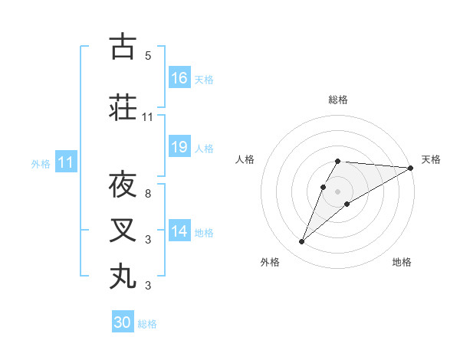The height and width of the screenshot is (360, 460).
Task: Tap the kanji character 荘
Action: pos(123,108)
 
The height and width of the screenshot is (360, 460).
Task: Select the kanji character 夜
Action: pos(123,185)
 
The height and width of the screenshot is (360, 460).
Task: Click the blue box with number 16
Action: pos(179,78)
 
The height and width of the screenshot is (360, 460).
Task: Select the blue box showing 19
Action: pos(179,147)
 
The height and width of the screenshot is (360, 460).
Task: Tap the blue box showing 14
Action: pos(179,231)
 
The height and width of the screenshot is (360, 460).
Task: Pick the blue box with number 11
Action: pos(66,162)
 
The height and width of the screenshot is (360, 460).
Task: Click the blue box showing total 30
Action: pos(123,322)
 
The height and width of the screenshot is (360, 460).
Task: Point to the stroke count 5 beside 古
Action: pos(148,56)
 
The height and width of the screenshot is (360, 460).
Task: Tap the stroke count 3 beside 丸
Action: pos(148,286)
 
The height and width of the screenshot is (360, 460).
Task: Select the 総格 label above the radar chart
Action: pos(338,100)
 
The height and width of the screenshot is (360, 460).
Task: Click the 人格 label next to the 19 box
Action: pos(204,148)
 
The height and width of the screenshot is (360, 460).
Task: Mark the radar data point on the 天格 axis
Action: pos(411,169)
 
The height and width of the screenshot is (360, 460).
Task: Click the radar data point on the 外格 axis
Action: pos(302,242)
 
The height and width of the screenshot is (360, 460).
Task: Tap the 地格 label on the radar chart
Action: pos(402,263)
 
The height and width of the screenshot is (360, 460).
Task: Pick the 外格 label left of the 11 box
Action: pos(41,163)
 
